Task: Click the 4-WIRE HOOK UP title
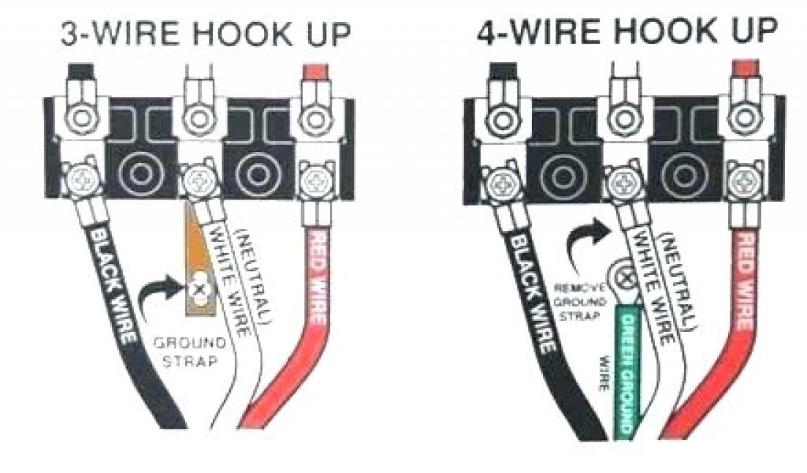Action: (x=627, y=33)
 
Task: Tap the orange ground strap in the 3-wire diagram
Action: (x=199, y=260)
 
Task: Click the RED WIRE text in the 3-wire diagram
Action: (x=316, y=277)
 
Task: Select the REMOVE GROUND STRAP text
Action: (x=580, y=300)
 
